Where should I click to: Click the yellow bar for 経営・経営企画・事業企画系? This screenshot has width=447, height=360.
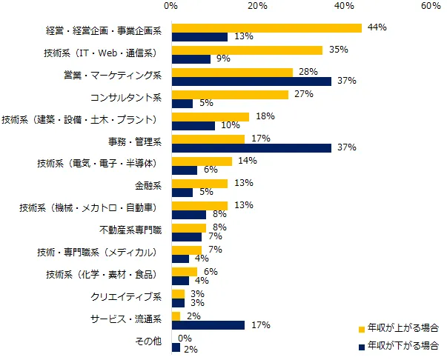pyautogui.click(x=266, y=28)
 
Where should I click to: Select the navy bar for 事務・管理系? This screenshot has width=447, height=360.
pyautogui.click(x=251, y=147)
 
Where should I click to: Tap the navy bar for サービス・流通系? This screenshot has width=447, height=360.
pyautogui.click(x=208, y=325)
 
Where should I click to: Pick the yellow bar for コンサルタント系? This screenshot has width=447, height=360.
pyautogui.click(x=229, y=95)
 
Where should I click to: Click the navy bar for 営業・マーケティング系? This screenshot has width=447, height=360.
pyautogui.click(x=251, y=81)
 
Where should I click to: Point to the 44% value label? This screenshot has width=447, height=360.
pyautogui.click(x=377, y=27)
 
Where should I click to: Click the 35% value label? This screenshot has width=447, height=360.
pyautogui.click(x=337, y=50)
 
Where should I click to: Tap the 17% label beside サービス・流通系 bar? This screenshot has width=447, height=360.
pyautogui.click(x=259, y=325)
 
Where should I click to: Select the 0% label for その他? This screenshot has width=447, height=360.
pyautogui.click(x=186, y=339)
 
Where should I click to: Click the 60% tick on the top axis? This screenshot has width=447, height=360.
pyautogui.click(x=431, y=6)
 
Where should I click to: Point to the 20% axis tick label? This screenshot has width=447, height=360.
pyautogui.click(x=257, y=6)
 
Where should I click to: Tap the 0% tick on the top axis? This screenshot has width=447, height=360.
pyautogui.click(x=170, y=6)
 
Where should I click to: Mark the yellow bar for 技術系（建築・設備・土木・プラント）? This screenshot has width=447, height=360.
pyautogui.click(x=210, y=117)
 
